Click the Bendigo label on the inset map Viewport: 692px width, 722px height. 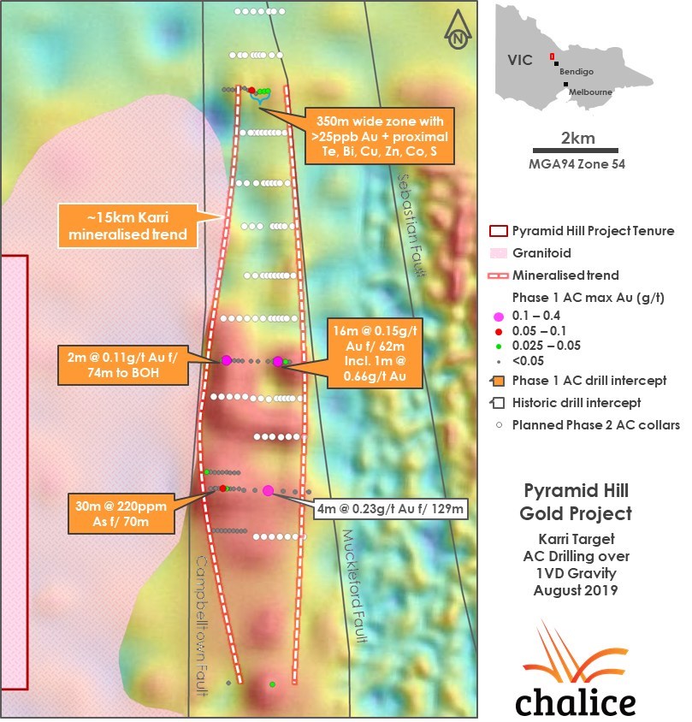click(x=577, y=72)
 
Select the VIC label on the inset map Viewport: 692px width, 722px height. click(x=520, y=60)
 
